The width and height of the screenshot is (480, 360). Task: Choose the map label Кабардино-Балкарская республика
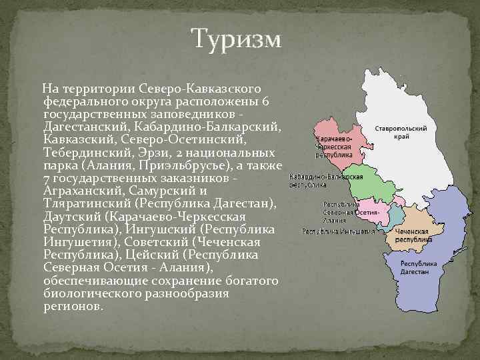click(x=326, y=181)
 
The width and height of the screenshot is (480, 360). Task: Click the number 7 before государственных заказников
click(x=45, y=179)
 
